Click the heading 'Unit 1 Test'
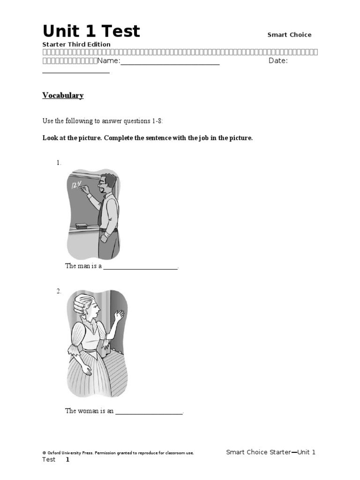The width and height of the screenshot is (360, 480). click(91, 31)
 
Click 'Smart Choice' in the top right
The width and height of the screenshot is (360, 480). click(289, 35)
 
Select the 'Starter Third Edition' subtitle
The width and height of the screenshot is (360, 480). click(76, 45)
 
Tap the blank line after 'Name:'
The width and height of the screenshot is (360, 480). click(170, 61)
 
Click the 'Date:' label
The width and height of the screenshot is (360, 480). click(278, 61)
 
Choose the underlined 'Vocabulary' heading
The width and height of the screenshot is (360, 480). click(63, 96)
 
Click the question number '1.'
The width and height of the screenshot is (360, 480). click(59, 163)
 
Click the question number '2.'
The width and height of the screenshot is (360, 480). click(59, 291)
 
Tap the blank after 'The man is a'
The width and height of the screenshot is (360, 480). click(140, 266)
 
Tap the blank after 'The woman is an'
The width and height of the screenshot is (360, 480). click(149, 411)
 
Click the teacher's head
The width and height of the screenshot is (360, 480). click(108, 183)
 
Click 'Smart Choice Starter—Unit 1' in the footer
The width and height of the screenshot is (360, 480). click(270, 452)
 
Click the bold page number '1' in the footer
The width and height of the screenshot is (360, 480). click(67, 459)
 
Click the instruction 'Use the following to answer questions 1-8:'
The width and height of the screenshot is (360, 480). click(103, 121)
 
